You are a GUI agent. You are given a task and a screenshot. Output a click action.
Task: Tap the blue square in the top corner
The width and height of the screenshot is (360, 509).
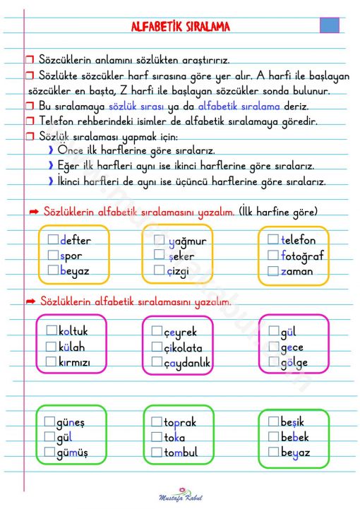click(x=330, y=25)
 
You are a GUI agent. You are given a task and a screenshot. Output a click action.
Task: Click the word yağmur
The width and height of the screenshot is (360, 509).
click(x=188, y=241)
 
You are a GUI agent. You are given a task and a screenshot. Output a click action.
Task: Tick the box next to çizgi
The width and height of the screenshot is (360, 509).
click(x=160, y=270)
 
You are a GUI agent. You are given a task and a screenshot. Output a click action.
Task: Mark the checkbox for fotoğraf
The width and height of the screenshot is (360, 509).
click(x=273, y=256)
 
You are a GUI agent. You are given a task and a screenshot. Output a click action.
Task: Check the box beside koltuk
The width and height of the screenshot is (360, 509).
click(x=51, y=330)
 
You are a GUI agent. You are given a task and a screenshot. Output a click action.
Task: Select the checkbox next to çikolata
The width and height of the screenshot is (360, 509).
click(x=157, y=347)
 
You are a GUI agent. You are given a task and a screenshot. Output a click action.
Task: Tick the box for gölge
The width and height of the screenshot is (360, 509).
click(x=274, y=362)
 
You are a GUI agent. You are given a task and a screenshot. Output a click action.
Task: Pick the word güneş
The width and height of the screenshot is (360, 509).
click(x=70, y=422)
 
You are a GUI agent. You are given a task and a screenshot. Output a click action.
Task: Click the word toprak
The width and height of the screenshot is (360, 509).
click(x=180, y=422)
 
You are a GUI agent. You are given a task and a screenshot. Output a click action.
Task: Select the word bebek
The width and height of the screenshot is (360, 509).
click(x=294, y=437)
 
